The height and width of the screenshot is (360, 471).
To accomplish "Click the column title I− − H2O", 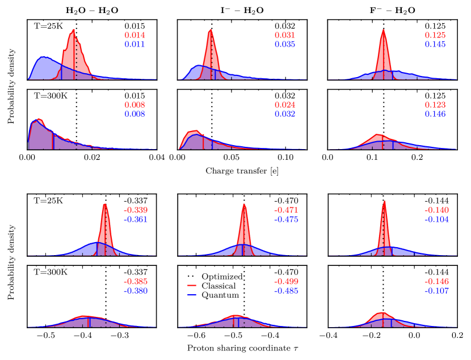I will pyautogui.click(x=242, y=10).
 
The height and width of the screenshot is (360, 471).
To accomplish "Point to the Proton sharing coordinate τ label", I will pyautogui.click(x=242, y=350).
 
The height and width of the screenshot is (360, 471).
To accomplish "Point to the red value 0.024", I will pyautogui.click(x=285, y=104).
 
